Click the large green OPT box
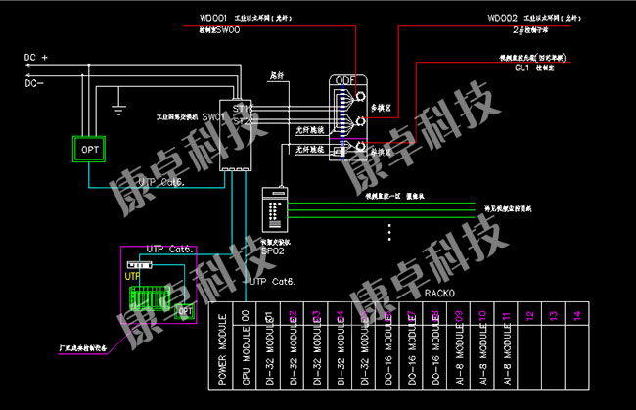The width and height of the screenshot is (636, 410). (x=90, y=149)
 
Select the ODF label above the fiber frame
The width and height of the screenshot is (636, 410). (x=345, y=79)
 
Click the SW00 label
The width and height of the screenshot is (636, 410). (x=226, y=30)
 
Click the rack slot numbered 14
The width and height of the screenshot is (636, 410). (x=576, y=315)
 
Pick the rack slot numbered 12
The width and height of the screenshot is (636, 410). (x=529, y=315)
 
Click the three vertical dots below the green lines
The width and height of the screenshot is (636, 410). (x=390, y=232)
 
